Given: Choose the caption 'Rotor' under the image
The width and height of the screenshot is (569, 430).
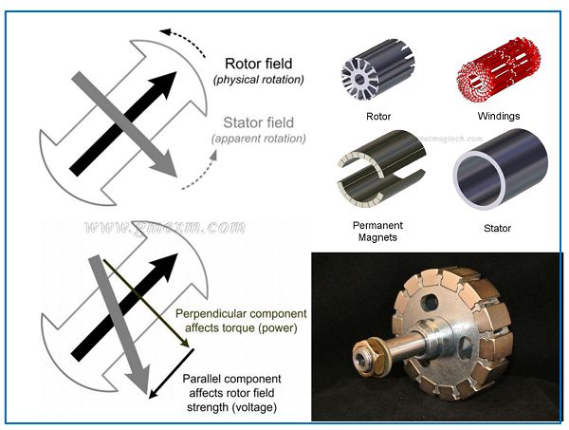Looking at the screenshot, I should click(378, 118).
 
